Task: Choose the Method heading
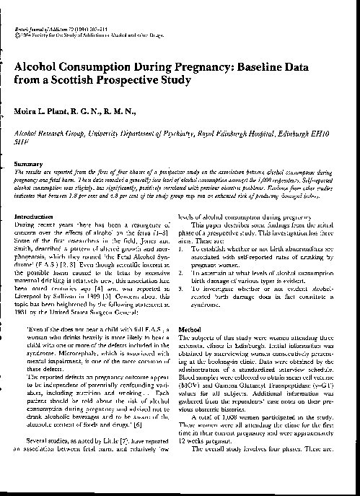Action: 194,329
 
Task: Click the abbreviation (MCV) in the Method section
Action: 191,389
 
